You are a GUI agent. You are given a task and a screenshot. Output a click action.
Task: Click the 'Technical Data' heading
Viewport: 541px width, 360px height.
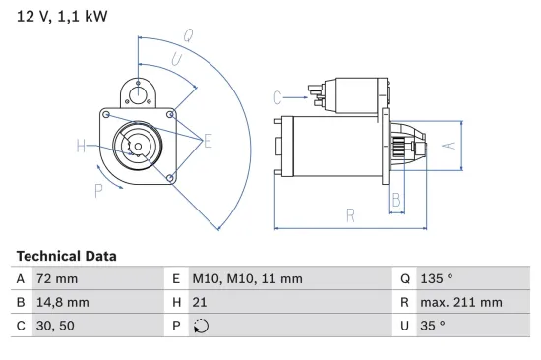tap(66, 256)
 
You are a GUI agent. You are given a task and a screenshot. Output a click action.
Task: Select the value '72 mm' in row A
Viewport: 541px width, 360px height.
tap(55, 279)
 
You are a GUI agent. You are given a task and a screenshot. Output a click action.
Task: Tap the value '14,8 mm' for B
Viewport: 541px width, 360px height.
tap(62, 302)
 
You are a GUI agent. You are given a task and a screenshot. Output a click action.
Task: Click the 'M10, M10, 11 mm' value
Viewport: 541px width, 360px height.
tap(246, 279)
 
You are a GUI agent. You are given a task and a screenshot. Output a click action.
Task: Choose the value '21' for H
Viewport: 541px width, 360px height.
tap(200, 302)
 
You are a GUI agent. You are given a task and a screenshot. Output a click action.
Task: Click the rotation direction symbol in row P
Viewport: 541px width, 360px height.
tap(201, 326)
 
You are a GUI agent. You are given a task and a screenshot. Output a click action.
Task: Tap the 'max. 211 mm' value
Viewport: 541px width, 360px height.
tap(460, 302)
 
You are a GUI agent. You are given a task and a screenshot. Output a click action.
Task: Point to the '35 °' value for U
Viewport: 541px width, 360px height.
tap(432, 326)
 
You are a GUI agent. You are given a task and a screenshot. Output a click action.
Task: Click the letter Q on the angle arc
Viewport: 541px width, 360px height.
tap(187, 34)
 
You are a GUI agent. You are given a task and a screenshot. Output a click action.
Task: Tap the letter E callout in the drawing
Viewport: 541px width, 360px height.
tap(208, 143)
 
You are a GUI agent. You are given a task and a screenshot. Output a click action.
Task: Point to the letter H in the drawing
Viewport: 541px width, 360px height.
tap(81, 148)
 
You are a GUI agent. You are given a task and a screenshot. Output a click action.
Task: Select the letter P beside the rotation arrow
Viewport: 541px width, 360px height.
tap(98, 191)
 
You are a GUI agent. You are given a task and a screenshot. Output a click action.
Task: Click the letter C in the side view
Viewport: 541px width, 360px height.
tap(277, 96)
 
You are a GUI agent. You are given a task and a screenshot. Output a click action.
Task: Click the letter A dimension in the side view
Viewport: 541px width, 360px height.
tap(447, 146)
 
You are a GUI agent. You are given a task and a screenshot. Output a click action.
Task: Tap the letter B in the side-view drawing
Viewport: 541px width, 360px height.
tap(396, 199)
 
